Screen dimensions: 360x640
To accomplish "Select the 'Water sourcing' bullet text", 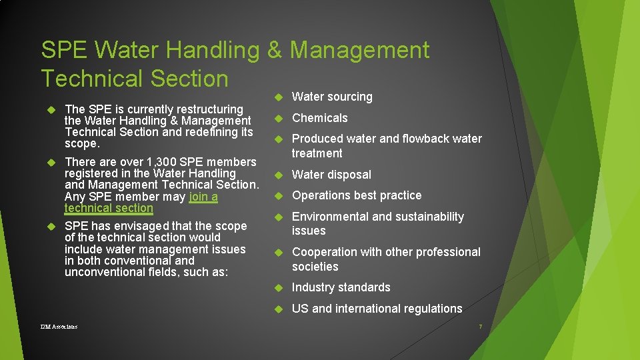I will click(x=332, y=97).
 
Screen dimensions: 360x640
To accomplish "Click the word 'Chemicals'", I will click(x=320, y=118).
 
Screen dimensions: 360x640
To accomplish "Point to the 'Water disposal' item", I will click(x=331, y=175).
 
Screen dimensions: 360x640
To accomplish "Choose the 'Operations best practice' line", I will click(x=357, y=195).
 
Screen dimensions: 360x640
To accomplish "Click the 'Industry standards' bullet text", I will click(x=341, y=287).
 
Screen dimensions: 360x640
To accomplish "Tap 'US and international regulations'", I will click(x=377, y=309).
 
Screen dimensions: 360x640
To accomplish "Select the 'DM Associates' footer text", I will click(x=59, y=327).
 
